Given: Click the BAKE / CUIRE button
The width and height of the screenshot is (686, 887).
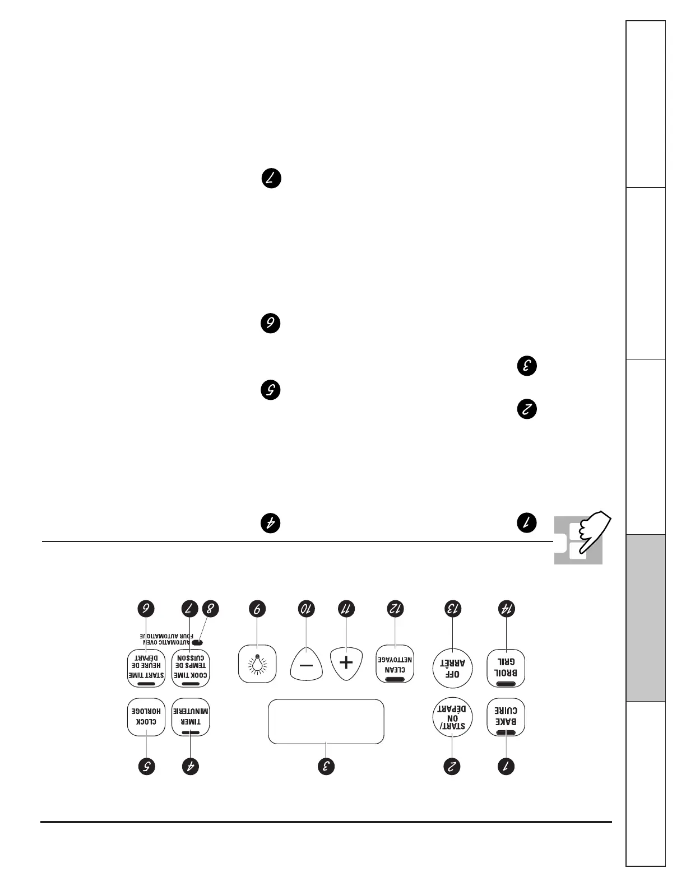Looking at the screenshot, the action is [x=506, y=717].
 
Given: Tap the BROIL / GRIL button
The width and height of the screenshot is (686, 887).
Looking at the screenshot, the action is [x=506, y=668].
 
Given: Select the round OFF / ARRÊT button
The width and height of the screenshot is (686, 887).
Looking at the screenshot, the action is [x=452, y=668].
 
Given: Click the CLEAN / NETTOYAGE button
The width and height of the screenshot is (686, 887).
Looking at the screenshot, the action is [x=395, y=664].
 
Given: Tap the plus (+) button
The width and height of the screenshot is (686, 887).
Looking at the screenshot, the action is [x=346, y=663].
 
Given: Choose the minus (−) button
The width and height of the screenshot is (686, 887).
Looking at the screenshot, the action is [x=307, y=665].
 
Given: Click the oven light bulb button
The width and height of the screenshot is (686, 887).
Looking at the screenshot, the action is [x=257, y=664].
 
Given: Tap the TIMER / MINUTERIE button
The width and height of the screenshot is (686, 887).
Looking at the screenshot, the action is [x=191, y=717].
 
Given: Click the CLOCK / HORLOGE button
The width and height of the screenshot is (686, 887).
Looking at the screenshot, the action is [x=146, y=717].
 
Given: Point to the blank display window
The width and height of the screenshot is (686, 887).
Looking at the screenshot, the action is [x=326, y=721].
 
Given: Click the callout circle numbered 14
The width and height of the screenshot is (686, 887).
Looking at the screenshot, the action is [x=507, y=609].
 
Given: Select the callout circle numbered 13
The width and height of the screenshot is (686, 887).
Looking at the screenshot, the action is [x=452, y=609].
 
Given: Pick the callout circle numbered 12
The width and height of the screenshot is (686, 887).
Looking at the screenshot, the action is [x=396, y=609].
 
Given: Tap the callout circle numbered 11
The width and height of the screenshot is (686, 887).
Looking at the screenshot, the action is [x=346, y=609].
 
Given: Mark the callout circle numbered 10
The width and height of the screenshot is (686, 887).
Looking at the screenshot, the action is [x=307, y=609].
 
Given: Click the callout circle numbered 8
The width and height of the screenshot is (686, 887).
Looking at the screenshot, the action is [x=210, y=609].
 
